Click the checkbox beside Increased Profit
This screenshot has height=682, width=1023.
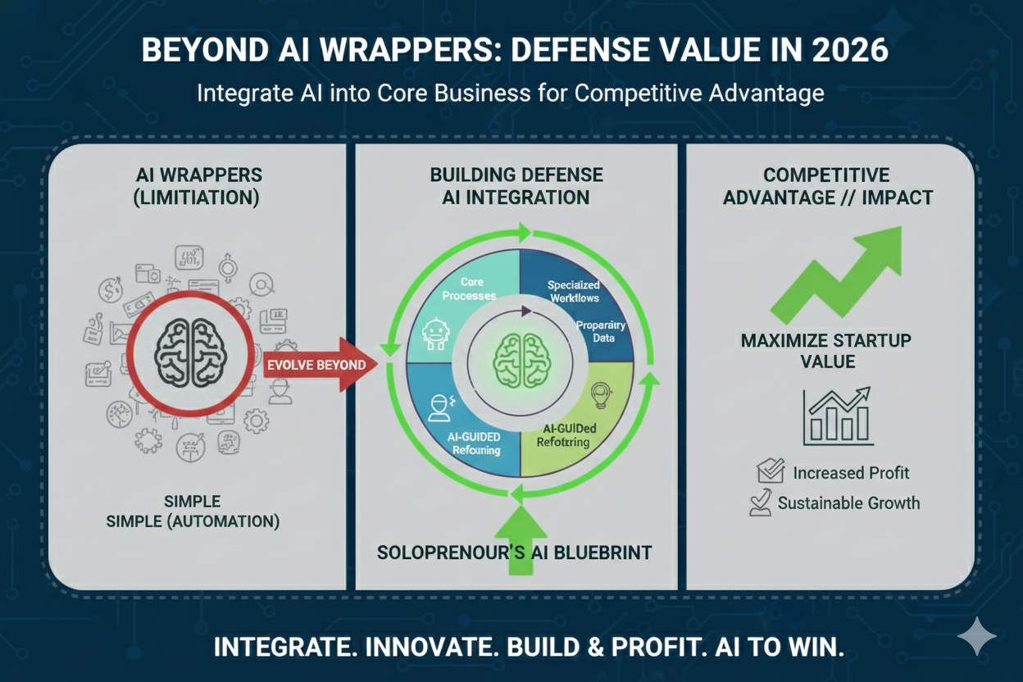[771, 471]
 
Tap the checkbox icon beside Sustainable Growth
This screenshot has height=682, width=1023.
[761, 502]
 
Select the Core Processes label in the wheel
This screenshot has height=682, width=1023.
[469, 289]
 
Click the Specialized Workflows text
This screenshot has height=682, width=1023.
[574, 292]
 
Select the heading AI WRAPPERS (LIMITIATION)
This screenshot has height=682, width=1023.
[200, 186]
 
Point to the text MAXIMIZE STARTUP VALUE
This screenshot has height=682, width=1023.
[825, 351]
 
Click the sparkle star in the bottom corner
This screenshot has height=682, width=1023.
[977, 637]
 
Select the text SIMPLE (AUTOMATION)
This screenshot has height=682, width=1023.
[193, 521]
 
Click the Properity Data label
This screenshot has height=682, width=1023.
[601, 332]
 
